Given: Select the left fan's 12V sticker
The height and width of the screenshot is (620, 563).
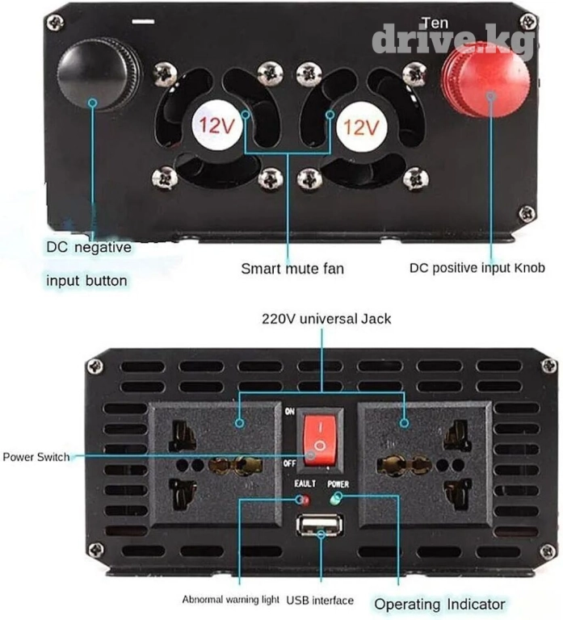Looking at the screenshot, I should pyautogui.click(x=216, y=127).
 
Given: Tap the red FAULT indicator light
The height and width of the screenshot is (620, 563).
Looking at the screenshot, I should pyautogui.click(x=305, y=499).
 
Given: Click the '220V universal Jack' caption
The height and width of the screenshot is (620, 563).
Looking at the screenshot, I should pyautogui.click(x=326, y=319).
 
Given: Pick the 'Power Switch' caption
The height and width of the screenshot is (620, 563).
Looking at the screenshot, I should pyautogui.click(x=36, y=457).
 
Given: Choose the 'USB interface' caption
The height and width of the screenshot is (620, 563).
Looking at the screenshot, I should pyautogui.click(x=321, y=600).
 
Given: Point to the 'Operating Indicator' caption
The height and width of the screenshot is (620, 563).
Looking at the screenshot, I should pyautogui.click(x=439, y=604).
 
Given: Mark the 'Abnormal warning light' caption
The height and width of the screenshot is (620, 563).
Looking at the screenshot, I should pyautogui.click(x=230, y=600).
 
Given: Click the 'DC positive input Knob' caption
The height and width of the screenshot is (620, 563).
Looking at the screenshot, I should pyautogui.click(x=477, y=268).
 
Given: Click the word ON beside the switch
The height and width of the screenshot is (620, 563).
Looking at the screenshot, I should pyautogui.click(x=289, y=411).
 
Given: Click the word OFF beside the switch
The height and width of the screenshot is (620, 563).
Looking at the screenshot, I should pyautogui.click(x=288, y=463).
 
